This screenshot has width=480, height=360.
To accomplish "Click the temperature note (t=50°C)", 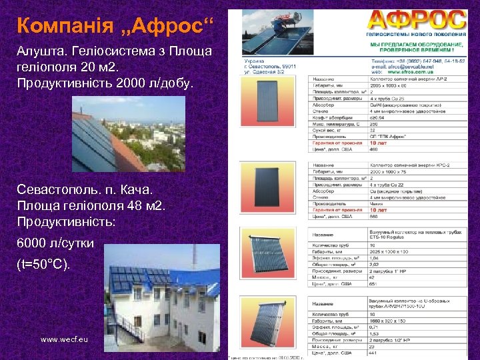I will [x=44, y=265].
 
